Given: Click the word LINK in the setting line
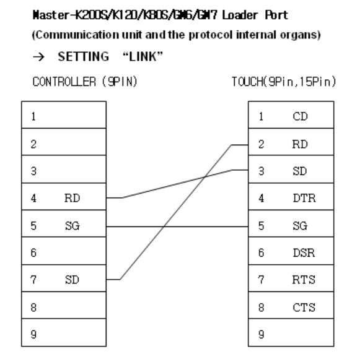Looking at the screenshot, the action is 143,57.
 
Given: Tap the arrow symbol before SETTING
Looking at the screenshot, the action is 38,57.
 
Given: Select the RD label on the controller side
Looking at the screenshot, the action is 72,198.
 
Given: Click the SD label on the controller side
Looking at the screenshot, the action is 72,280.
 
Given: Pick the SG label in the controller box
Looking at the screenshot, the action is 72,226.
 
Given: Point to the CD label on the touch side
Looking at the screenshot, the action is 300,116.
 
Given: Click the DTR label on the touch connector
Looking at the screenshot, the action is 304,198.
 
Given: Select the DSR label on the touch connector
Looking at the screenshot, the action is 304,253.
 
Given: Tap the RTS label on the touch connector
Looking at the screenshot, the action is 304,280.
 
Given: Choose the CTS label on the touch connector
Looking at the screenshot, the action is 304,308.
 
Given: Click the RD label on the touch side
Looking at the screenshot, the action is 300,144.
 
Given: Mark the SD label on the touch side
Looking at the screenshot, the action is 300,171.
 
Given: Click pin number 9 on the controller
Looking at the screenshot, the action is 33,334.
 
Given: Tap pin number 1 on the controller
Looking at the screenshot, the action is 33,116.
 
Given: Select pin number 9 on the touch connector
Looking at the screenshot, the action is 261,334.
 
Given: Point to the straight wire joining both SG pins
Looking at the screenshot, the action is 177,226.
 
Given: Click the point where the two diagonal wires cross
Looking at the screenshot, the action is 204,178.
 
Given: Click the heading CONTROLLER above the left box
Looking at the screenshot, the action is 64,82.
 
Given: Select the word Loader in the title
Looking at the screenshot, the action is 240,15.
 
